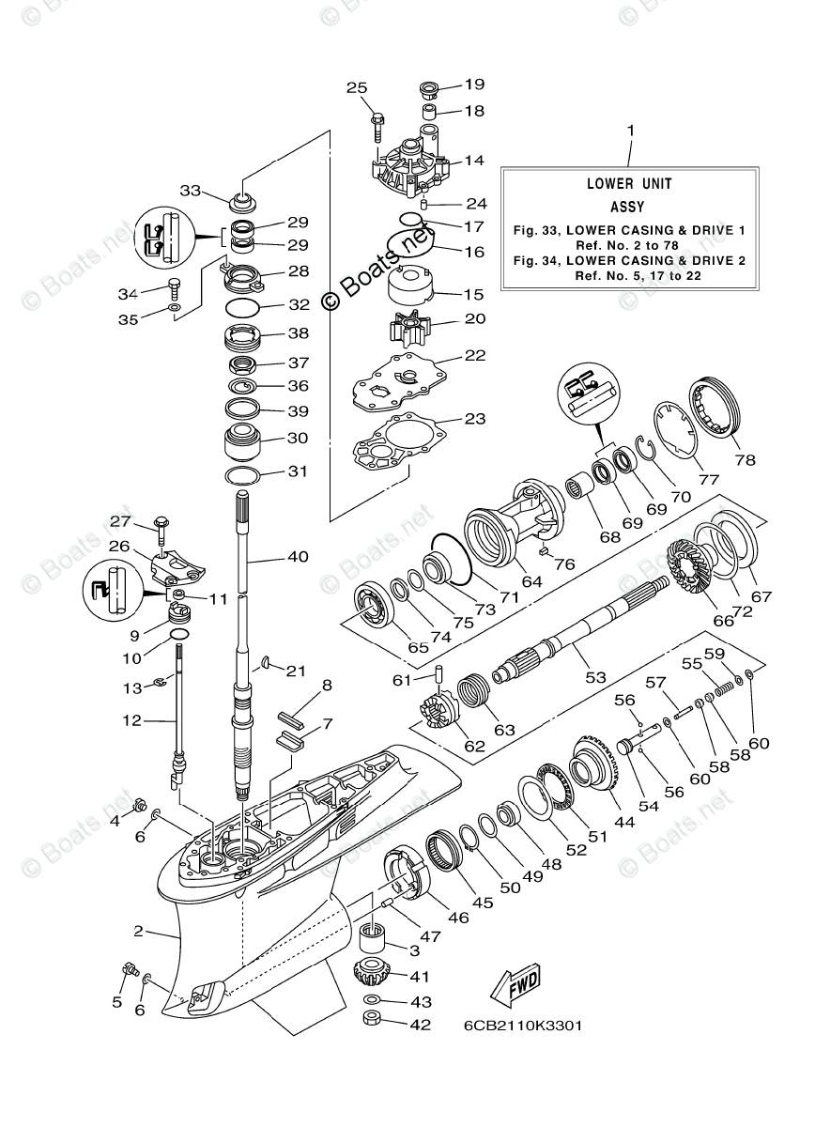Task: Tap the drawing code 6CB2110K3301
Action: pyautogui.click(x=522, y=1025)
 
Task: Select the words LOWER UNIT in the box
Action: pyautogui.click(x=629, y=184)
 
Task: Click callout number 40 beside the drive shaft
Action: pyautogui.click(x=298, y=557)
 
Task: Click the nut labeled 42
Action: pyautogui.click(x=372, y=1020)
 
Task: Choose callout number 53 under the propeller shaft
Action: pyautogui.click(x=595, y=675)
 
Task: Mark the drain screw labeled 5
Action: pyautogui.click(x=131, y=970)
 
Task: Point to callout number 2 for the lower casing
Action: pyautogui.click(x=138, y=931)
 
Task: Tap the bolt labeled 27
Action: pyautogui.click(x=161, y=524)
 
